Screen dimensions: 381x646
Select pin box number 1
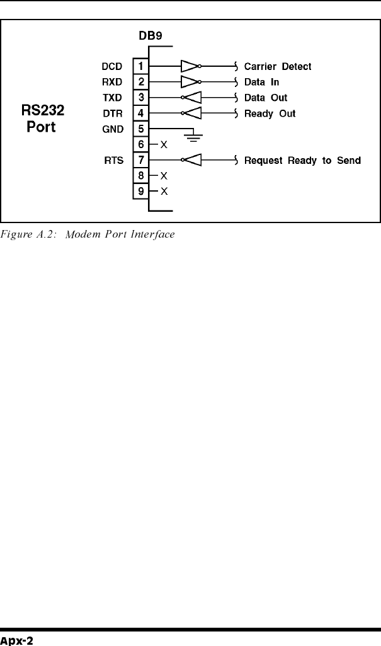(x=140, y=66)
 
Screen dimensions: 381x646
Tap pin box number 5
(x=140, y=129)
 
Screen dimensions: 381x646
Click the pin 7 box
(x=140, y=160)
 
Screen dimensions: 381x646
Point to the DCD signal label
(x=111, y=66)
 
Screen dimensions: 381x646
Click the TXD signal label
(x=111, y=98)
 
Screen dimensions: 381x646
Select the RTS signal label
(x=113, y=160)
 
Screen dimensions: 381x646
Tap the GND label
(x=111, y=129)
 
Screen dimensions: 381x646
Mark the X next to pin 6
(x=164, y=145)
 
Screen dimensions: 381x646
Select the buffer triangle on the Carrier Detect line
(x=190, y=66)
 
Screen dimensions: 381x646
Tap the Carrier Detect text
(x=278, y=66)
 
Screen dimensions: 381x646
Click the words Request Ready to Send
(x=302, y=160)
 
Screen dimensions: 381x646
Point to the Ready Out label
(x=270, y=113)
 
